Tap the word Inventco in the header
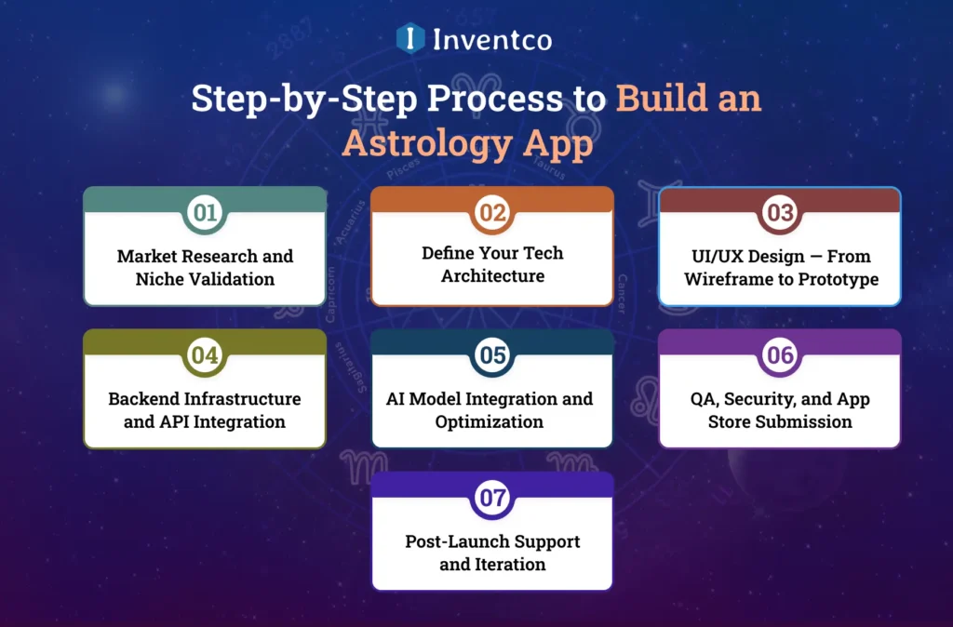[491, 39]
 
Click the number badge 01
[205, 213]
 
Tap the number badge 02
[492, 213]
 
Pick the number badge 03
[780, 213]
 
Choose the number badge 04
[205, 355]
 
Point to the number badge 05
[492, 355]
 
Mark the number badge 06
[780, 355]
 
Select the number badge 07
[492, 498]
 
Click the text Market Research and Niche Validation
[205, 267]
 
